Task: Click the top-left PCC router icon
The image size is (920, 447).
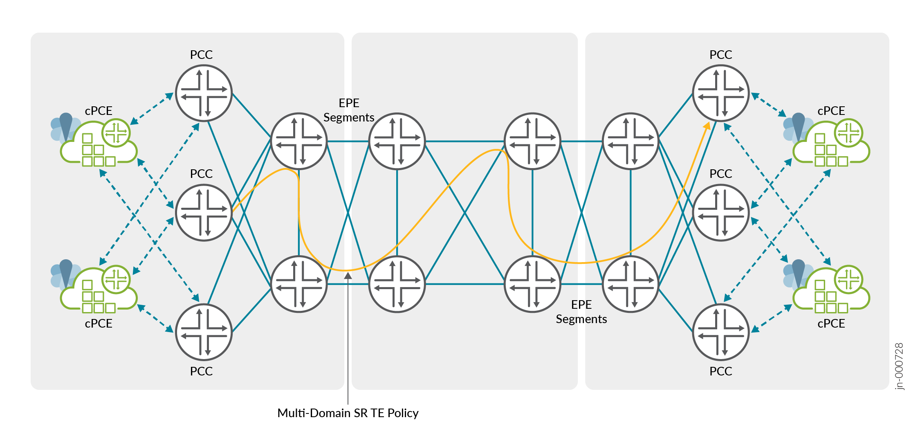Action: point(204,93)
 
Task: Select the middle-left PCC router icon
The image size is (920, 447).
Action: point(204,213)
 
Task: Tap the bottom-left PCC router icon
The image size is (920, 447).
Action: point(204,332)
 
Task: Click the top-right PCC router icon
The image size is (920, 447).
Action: point(721,93)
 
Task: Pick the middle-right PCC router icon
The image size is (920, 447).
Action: point(721,213)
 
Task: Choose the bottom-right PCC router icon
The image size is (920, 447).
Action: point(721,332)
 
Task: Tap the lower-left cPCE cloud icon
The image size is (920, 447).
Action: point(94,286)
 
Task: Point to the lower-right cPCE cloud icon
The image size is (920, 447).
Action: point(826,286)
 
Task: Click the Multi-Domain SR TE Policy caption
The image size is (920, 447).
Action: point(348,413)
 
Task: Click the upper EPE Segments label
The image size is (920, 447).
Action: point(349,110)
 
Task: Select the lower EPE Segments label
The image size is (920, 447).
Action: point(581,312)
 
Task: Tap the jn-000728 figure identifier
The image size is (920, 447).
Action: point(899,366)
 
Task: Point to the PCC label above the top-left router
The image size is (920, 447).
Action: point(201,55)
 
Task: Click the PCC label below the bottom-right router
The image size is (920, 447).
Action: point(721,371)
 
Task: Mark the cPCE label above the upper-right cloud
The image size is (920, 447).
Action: point(831,111)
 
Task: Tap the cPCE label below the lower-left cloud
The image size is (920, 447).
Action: point(99,323)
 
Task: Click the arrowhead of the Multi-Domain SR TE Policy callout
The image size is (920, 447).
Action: point(348,275)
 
